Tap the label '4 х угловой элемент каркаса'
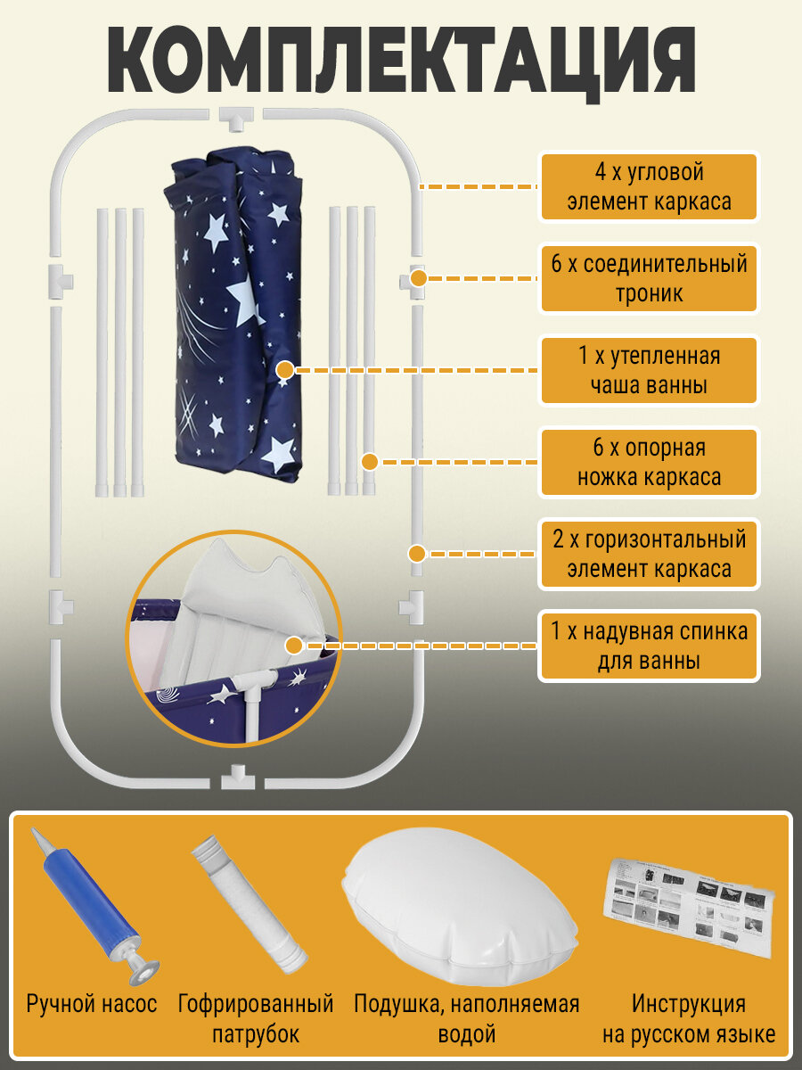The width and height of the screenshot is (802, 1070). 649,186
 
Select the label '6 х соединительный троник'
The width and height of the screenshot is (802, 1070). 649,278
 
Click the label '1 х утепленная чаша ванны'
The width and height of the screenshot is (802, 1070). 649,370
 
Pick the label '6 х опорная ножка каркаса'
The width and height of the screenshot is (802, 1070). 649,463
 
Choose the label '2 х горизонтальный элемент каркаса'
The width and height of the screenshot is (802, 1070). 649,555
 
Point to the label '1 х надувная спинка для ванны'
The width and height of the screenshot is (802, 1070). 649,646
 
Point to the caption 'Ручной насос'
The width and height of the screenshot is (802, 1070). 92,1004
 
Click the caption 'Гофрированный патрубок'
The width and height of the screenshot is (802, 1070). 256,1019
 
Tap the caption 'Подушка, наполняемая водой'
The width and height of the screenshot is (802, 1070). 466,1019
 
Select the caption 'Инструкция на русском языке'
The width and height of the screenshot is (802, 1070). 688,1019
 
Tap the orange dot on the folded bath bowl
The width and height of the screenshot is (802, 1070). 285,370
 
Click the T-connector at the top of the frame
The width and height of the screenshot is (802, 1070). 236,116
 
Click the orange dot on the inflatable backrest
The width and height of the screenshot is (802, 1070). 294,646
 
